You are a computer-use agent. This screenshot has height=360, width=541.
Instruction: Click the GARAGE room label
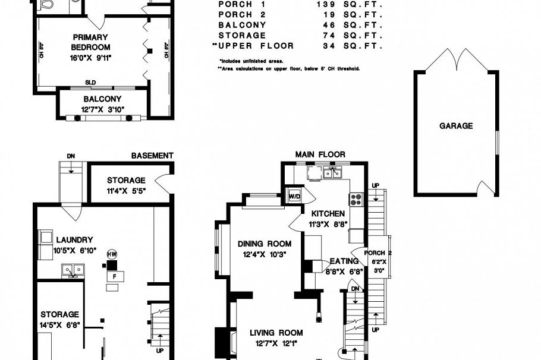click(456, 126)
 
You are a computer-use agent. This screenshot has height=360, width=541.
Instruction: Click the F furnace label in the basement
click(112, 276)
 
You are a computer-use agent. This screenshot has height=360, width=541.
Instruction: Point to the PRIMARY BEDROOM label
click(90, 42)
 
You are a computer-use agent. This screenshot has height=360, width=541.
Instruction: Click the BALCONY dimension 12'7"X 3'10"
click(102, 109)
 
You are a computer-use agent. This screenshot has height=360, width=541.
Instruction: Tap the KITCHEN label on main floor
click(325, 214)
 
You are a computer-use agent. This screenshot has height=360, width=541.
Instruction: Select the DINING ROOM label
click(265, 244)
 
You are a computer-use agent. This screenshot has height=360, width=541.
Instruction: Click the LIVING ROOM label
click(276, 333)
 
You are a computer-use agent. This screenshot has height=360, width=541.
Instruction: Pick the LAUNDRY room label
click(74, 240)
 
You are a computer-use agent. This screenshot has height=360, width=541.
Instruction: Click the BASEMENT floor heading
click(152, 156)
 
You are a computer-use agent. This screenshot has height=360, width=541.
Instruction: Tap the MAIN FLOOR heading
click(320, 154)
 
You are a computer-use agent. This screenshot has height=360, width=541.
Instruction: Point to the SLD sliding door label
click(90, 83)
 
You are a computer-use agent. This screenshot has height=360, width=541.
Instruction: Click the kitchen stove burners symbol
click(356, 199)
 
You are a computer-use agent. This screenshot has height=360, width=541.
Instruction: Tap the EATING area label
click(344, 261)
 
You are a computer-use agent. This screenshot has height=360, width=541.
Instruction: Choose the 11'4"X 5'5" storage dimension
click(125, 191)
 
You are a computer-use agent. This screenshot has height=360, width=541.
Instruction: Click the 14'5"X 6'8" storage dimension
click(60, 325)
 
